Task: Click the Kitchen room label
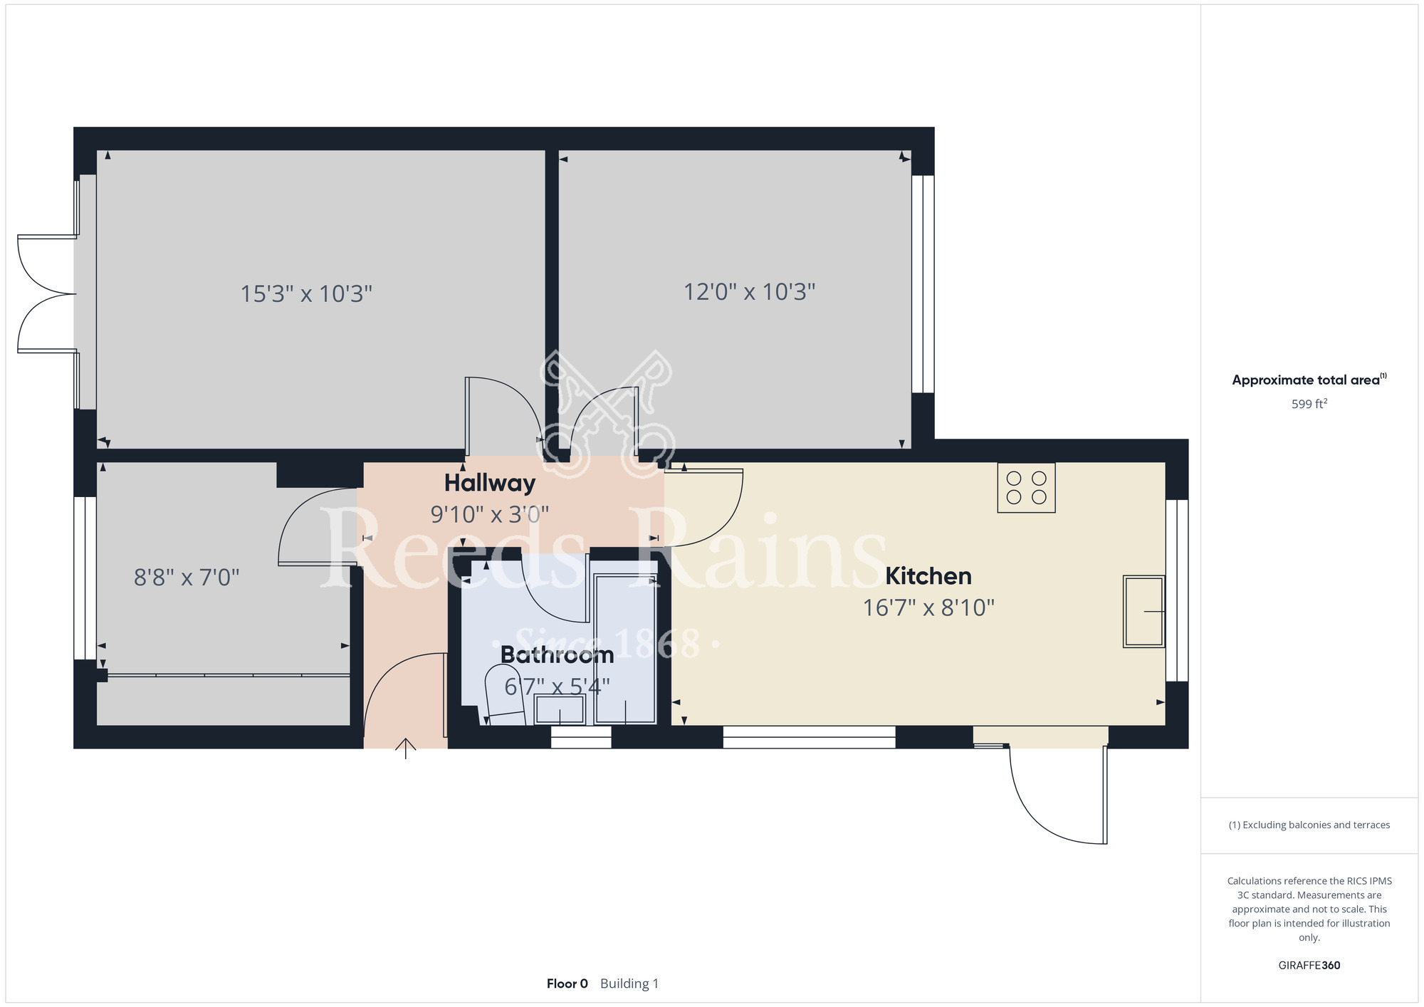pos(928,575)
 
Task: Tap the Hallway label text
pos(490,483)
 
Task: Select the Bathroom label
pos(557,654)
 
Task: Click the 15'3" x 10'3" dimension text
pos(306,293)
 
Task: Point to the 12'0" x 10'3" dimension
pos(750,292)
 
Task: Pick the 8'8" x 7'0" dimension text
pos(187,577)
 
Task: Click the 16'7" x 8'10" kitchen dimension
pos(928,607)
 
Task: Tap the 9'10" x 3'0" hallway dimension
pos(490,514)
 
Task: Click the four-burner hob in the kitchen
pos(1026,488)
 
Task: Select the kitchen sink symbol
pos(1143,611)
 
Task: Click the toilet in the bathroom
pos(505,695)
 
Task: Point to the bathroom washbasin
pos(560,709)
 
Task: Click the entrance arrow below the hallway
pos(406,748)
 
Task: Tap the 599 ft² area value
pos(1309,404)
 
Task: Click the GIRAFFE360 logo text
pos(1309,966)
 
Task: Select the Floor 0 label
pos(567,983)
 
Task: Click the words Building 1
pos(629,983)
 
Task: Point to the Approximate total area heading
pos(1309,380)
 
